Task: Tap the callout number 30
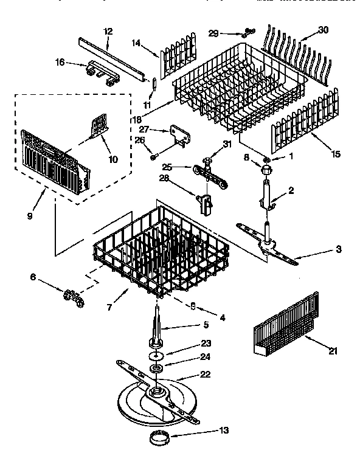click(324, 29)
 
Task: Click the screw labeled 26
click(153, 157)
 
